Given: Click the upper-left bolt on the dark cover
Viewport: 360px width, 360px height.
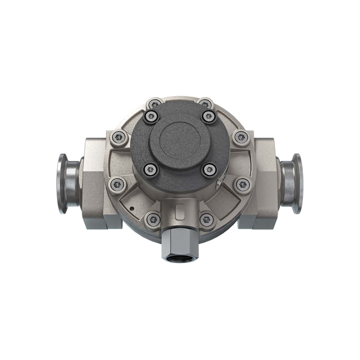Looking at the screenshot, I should coord(151,117).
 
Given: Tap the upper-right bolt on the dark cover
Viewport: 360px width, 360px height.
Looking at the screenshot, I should coord(208,117).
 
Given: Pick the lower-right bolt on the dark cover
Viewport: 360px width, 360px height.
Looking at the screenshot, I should coord(209,170).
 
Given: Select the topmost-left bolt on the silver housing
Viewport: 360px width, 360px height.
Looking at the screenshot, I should coord(154,104).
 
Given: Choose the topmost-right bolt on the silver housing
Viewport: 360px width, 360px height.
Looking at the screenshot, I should coord(205,104).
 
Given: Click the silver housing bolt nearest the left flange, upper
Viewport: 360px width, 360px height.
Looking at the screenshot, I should coord(119,137).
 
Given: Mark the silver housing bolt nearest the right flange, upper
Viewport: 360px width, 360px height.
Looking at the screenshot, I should coord(241,137).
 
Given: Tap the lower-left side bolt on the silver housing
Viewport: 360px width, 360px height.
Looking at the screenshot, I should coord(118,185).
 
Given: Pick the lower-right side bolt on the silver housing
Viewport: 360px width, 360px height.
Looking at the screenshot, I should coord(242,185).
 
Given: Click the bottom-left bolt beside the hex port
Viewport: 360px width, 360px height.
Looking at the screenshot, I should coord(152,219).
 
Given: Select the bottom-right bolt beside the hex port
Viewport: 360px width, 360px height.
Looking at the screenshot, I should coord(207,220).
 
